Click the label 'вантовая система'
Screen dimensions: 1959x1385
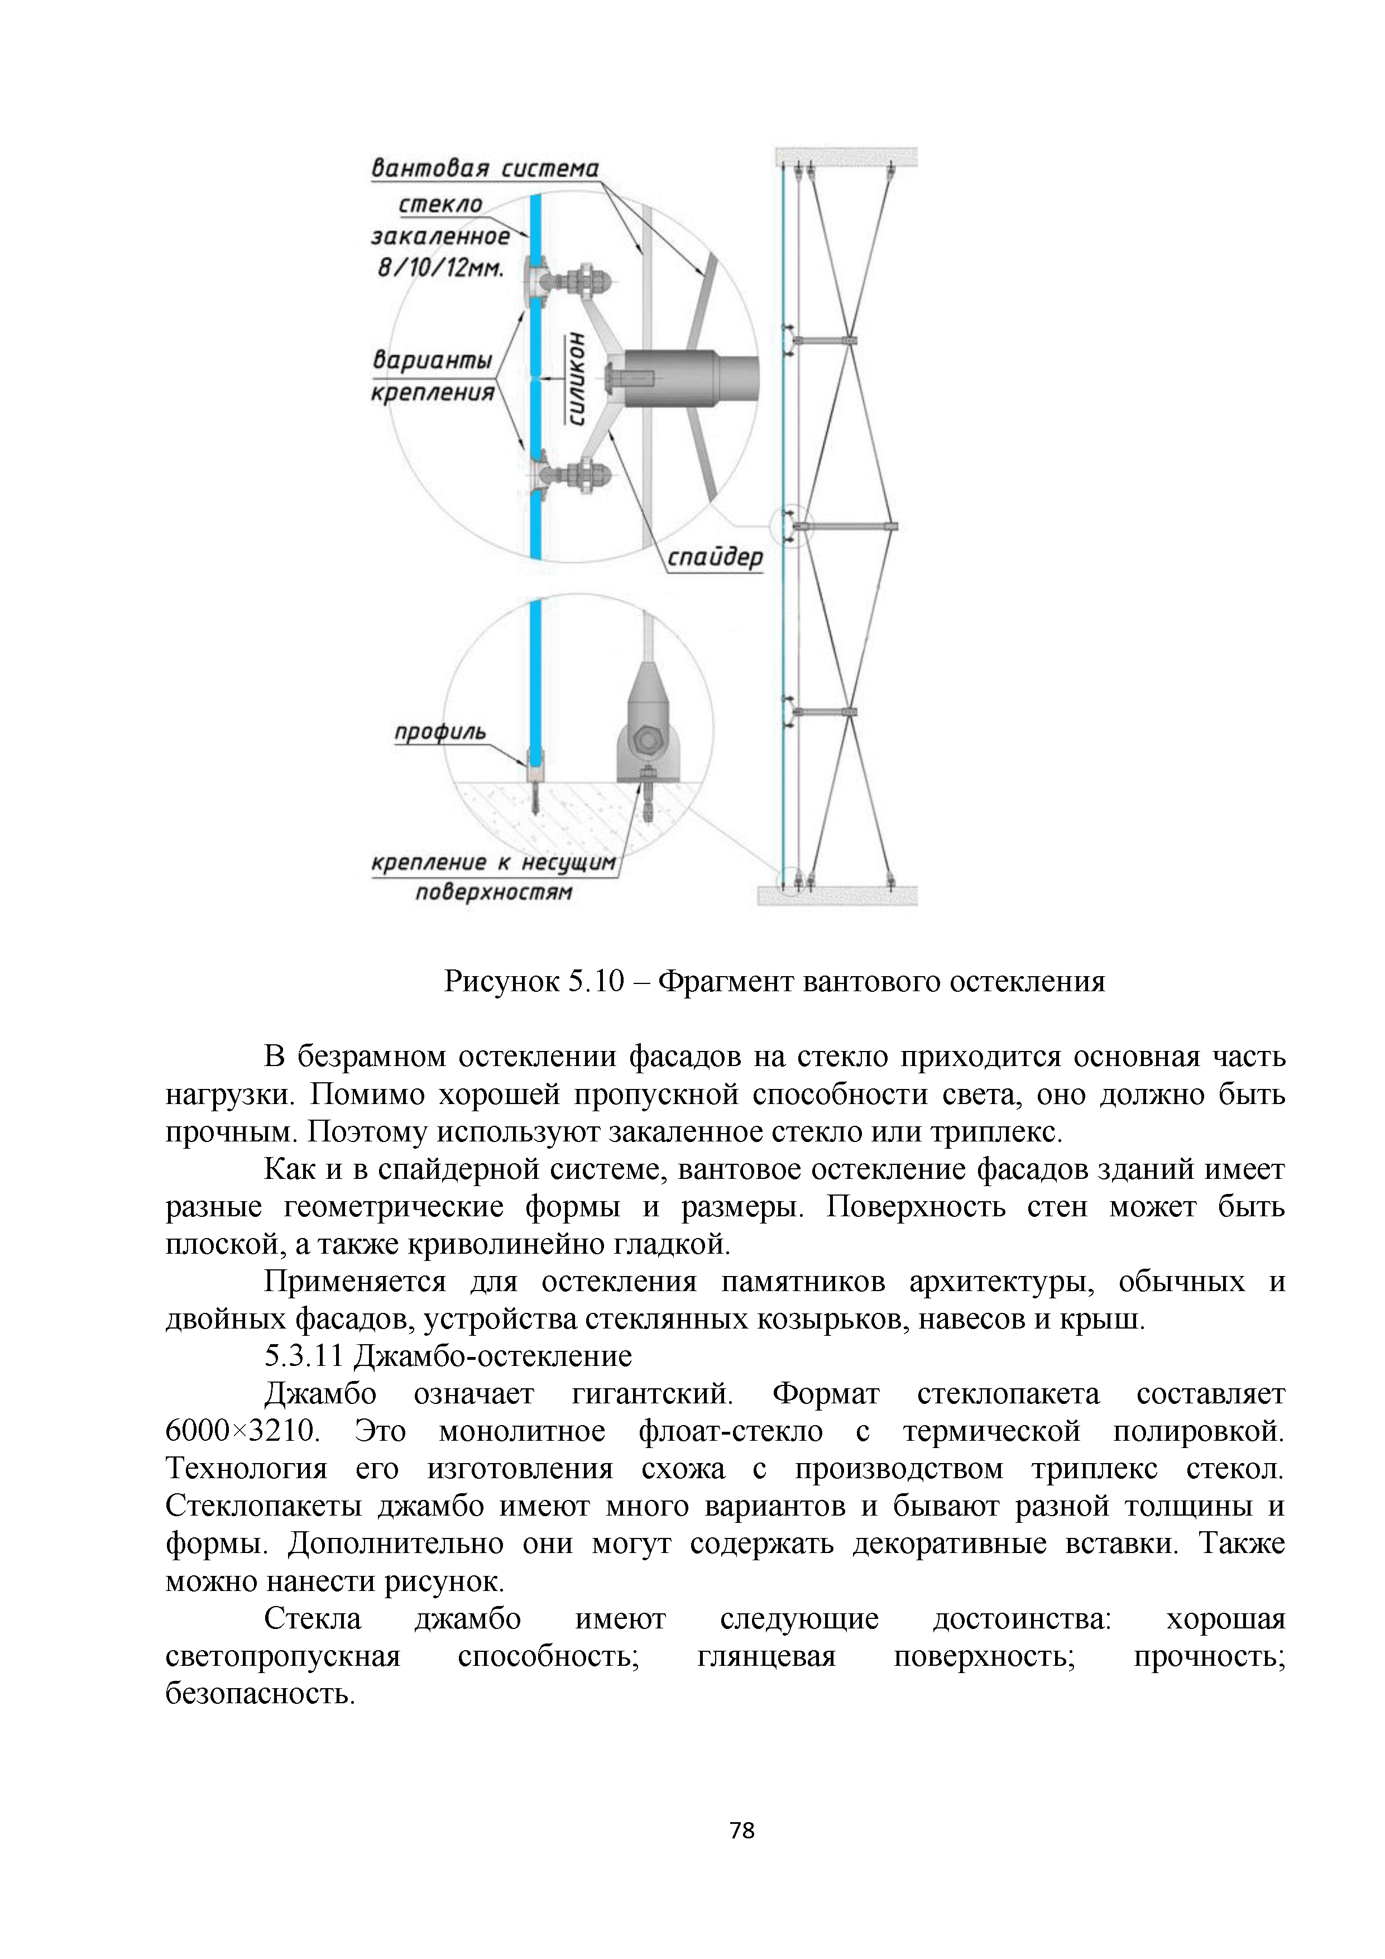click(485, 169)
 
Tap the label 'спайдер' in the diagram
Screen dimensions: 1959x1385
click(714, 558)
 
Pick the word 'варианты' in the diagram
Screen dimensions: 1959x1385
click(433, 360)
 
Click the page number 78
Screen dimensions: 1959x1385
click(742, 1830)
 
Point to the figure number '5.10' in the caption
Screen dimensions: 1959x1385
click(596, 982)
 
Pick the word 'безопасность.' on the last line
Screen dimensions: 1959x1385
click(260, 1694)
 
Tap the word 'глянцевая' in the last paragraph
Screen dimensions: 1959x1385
click(766, 1656)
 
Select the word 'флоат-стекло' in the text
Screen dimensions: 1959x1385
click(730, 1431)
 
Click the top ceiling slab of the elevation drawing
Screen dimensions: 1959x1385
click(845, 157)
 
